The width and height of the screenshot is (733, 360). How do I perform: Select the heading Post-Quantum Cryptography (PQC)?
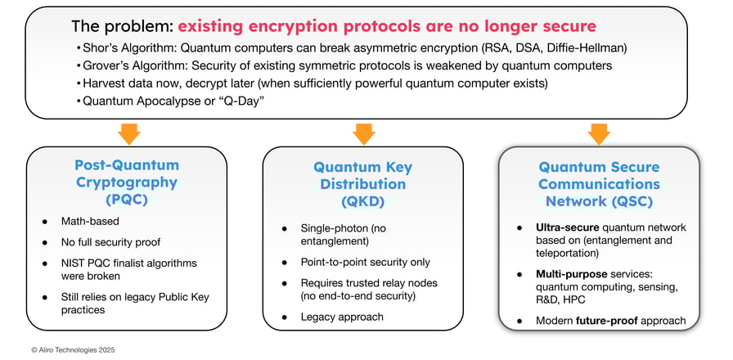tap(126, 182)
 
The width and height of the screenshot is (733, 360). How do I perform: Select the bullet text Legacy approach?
tap(343, 317)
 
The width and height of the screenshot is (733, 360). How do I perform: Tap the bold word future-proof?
tap(623, 320)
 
